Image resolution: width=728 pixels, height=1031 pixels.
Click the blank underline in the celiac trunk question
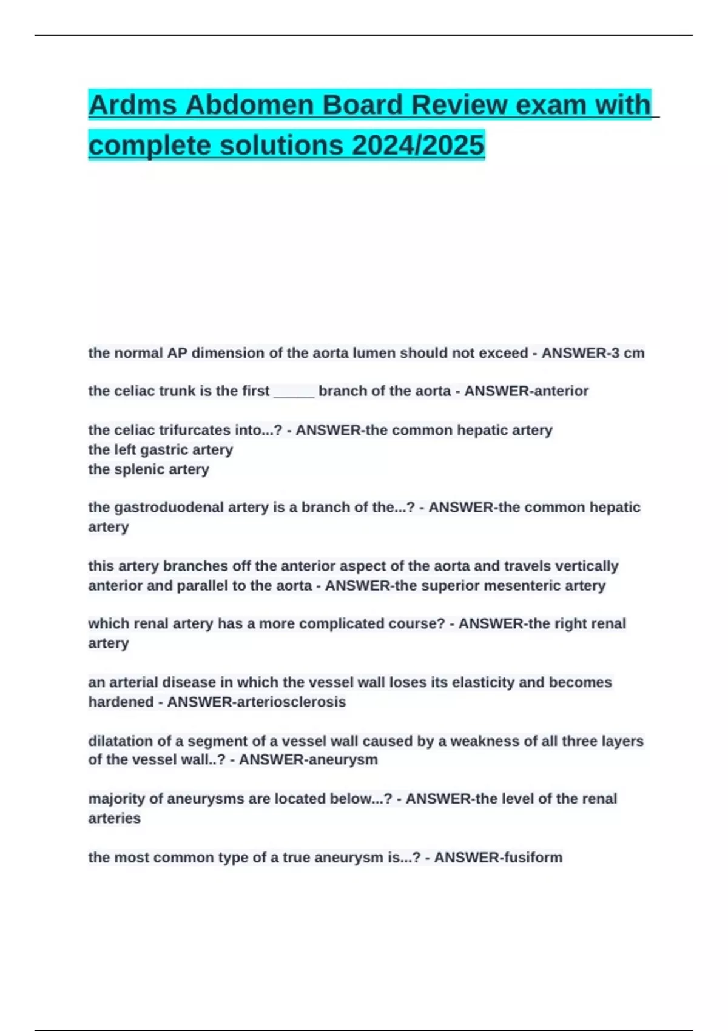[x=294, y=392]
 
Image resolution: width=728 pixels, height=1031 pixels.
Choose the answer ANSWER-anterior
[x=526, y=391]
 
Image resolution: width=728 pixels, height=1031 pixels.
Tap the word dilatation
[x=121, y=741]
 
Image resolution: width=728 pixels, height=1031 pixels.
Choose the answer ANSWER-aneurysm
[x=308, y=760]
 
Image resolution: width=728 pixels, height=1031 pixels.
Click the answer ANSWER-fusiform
[x=498, y=858]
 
